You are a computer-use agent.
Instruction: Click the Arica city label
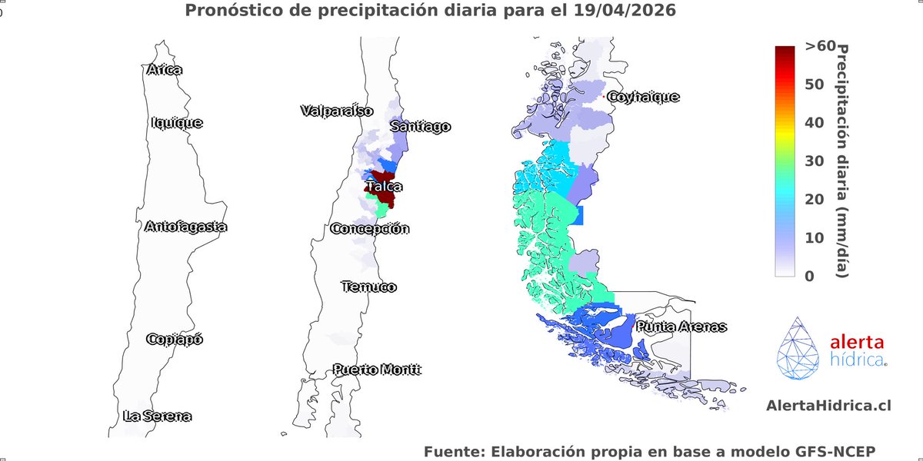[164, 70]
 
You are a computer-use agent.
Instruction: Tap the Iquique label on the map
[178, 122]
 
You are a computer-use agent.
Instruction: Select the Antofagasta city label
[185, 227]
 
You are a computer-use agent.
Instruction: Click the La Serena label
[157, 416]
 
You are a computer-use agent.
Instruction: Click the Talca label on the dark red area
[384, 187]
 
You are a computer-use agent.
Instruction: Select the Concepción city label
[369, 229]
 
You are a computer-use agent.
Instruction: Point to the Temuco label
[368, 287]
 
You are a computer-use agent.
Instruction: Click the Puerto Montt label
[377, 370]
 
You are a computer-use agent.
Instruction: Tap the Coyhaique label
[643, 97]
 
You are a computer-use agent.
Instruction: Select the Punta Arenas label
[681, 327]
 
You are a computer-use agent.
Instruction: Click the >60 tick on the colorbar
[820, 46]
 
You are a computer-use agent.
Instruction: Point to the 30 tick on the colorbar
[815, 161]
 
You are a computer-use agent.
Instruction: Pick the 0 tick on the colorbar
[809, 276]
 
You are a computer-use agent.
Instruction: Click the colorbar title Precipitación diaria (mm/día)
[842, 161]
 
